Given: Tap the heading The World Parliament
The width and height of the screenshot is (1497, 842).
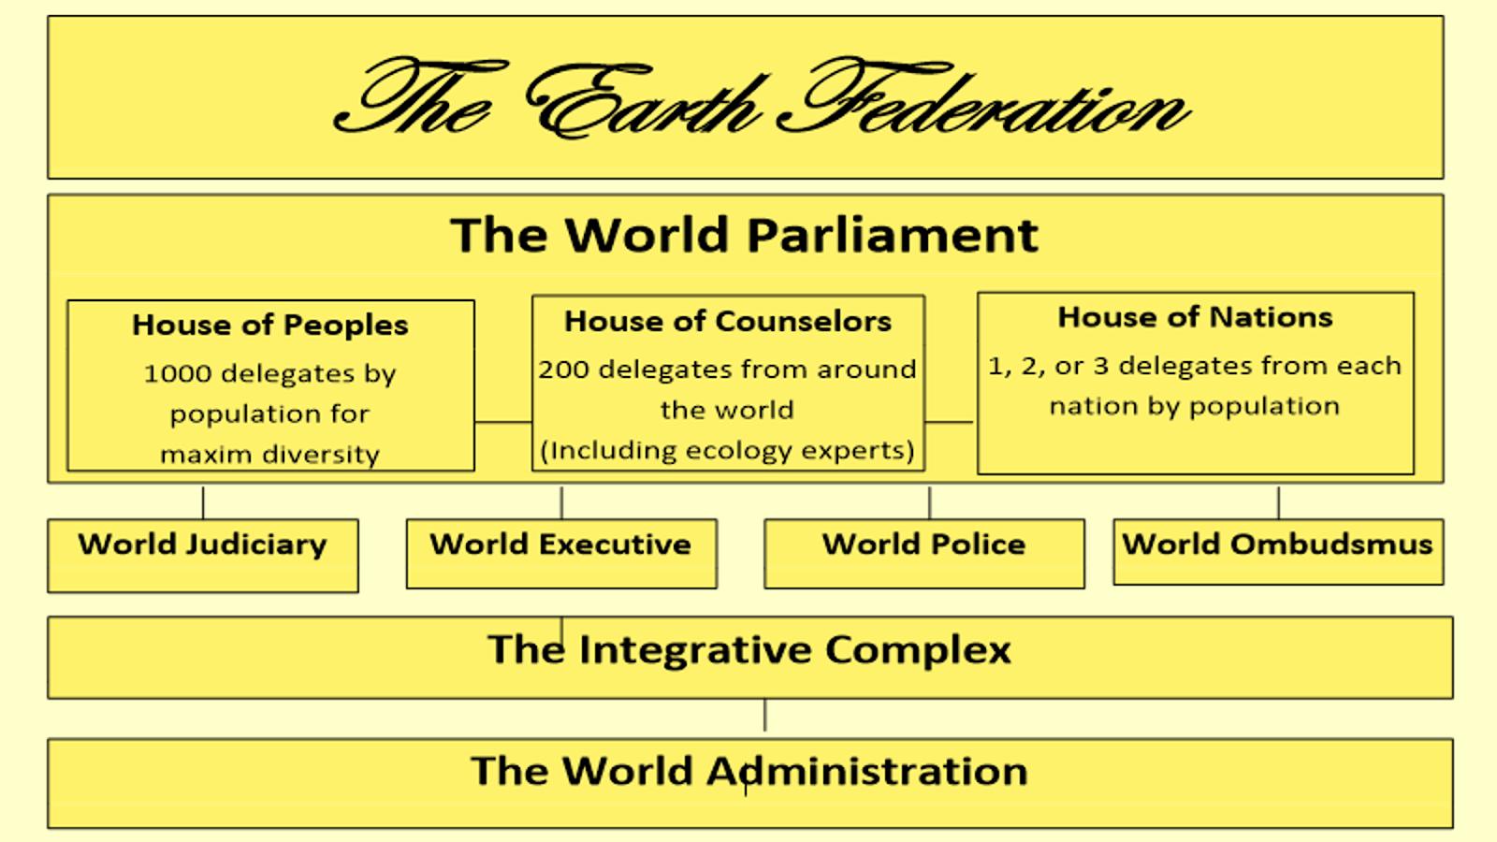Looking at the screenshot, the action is [745, 234].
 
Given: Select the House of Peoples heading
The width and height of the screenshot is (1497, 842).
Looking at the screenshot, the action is [270, 325].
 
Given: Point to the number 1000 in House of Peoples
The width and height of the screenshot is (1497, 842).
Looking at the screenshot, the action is [177, 373].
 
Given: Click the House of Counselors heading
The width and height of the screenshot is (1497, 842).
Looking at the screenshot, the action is [728, 321].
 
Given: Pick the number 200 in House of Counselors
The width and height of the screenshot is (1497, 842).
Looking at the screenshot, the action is [562, 370].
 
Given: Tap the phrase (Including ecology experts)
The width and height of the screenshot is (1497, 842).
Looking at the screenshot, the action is [728, 450].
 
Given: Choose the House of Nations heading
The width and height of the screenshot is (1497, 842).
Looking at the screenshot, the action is [1195, 317].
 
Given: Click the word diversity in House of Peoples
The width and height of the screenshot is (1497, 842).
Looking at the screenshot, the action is [321, 455].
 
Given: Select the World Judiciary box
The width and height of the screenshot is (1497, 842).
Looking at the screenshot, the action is [203, 554].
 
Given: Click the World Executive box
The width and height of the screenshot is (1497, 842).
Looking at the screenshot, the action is [561, 552].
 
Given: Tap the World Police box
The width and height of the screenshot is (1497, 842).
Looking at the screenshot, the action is [924, 552].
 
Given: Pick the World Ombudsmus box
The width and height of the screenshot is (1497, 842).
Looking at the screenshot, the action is [1278, 551].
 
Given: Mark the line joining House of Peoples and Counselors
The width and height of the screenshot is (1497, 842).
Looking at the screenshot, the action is [503, 422].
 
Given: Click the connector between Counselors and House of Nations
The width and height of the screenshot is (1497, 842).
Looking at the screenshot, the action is [951, 422].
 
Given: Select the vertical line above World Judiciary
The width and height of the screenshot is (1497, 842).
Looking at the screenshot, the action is [203, 502].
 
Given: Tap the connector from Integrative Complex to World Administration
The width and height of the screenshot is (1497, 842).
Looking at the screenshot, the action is [765, 717].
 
